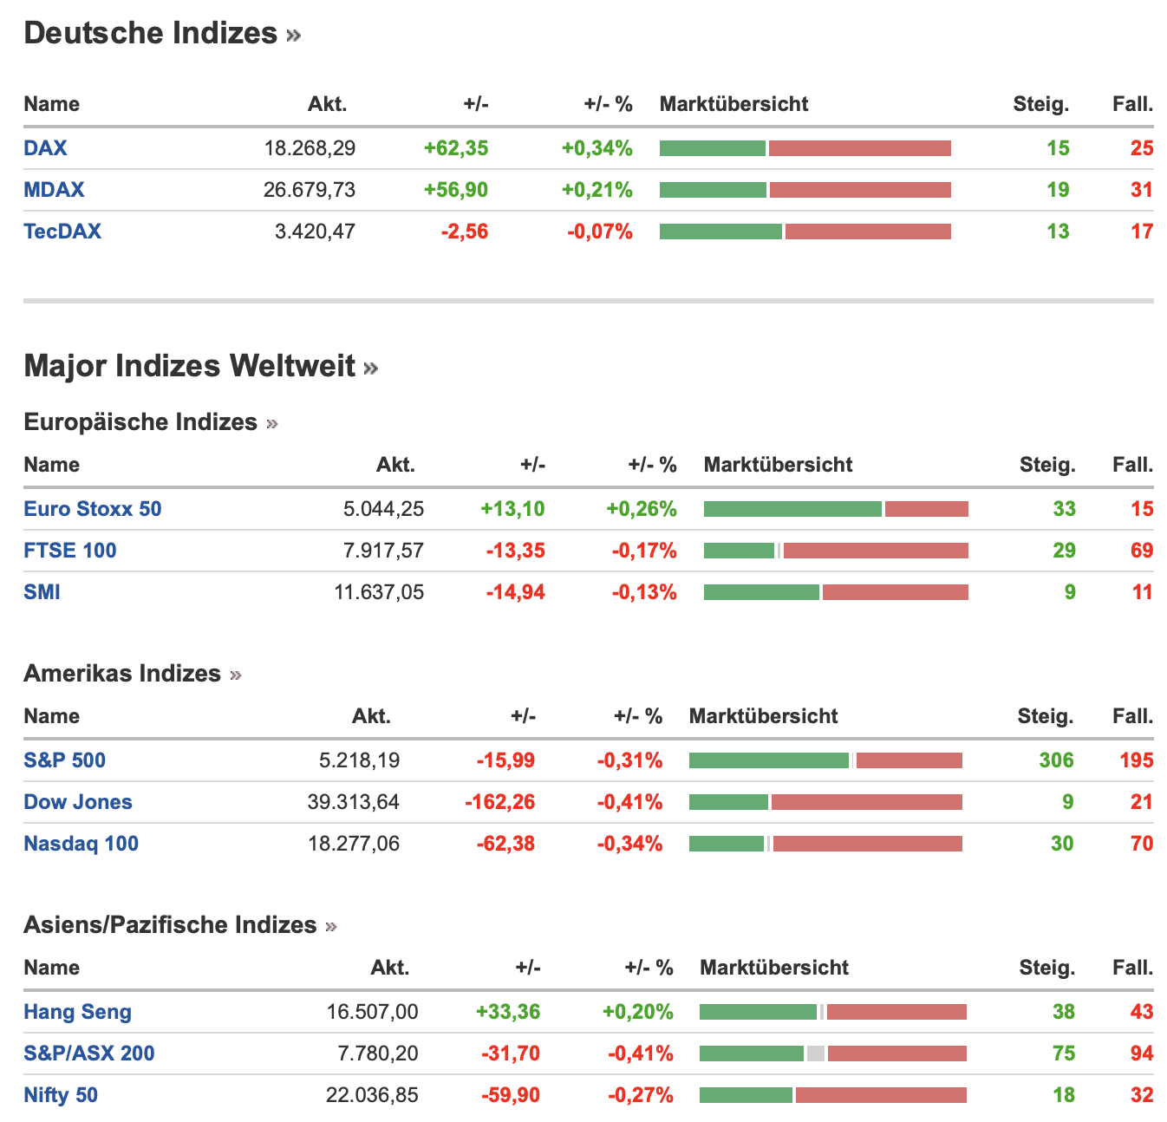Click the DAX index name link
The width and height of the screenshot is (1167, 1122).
[45, 148]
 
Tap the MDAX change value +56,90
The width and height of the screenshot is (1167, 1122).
[456, 190]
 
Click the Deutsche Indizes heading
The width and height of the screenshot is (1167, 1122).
[151, 33]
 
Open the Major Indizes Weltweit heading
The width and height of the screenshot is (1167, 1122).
[190, 366]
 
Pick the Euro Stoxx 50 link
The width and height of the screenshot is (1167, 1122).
[93, 509]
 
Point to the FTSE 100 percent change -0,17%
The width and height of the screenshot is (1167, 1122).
[644, 551]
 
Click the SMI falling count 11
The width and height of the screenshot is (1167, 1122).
[1142, 592]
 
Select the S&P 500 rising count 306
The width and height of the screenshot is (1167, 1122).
[1056, 760]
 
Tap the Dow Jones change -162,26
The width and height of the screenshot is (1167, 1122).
[500, 802]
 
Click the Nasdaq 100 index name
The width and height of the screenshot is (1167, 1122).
[81, 844]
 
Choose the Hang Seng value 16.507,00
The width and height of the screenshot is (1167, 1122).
[372, 1012]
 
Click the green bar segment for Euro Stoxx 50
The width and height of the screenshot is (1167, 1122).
[792, 509]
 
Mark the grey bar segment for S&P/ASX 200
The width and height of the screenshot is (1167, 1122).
[815, 1054]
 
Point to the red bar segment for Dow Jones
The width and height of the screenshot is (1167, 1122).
[866, 802]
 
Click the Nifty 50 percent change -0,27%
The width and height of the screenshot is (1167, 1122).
[641, 1095]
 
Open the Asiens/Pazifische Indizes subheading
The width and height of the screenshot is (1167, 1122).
[170, 925]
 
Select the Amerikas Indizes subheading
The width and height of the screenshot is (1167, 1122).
[122, 674]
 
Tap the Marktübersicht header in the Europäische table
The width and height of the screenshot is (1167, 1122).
[778, 465]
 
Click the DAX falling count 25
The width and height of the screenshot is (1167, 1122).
[1142, 148]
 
